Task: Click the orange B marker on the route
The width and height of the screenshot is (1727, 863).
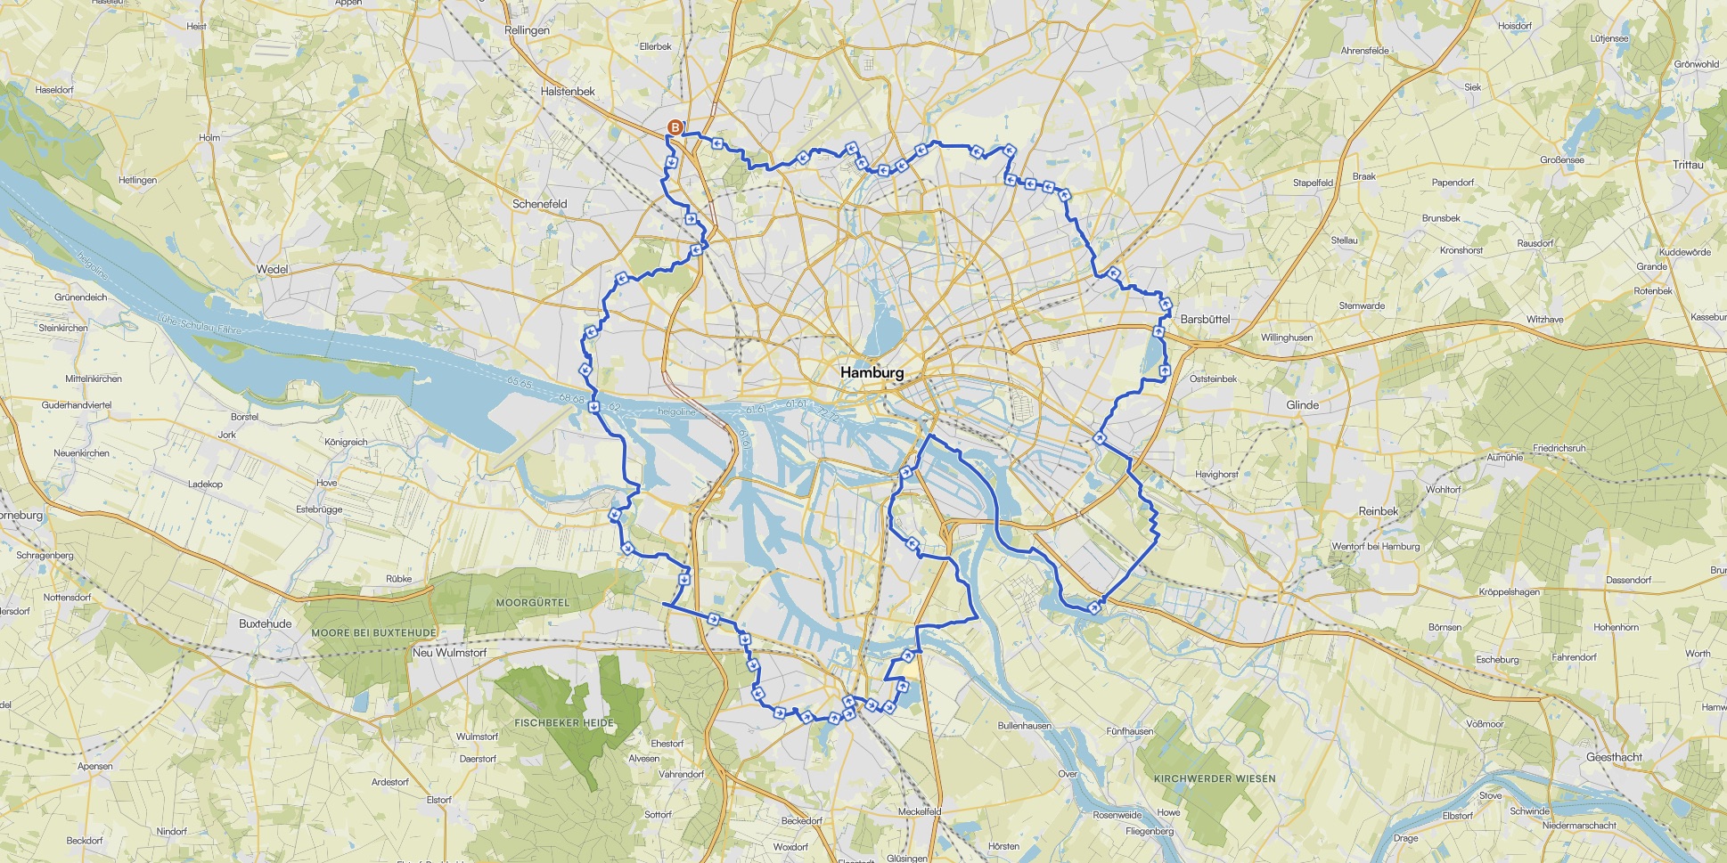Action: coord(675,127)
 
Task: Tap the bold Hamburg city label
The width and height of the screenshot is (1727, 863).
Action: coord(872,372)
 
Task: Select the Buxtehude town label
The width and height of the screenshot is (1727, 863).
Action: coord(265,623)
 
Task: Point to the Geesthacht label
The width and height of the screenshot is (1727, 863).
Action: coord(1614,757)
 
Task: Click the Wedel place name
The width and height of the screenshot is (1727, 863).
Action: coord(272,269)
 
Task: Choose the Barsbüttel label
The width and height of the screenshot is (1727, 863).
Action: coord(1205,319)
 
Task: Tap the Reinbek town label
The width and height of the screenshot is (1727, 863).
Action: coord(1378,511)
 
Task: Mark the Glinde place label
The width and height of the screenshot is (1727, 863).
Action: coord(1302,404)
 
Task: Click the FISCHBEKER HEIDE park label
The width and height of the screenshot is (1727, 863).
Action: coord(564,723)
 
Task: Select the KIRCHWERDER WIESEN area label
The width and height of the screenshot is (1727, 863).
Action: coord(1215,778)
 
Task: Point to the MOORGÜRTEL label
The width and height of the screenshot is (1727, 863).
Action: coord(532,603)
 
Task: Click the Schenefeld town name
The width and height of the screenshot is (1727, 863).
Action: coord(539,204)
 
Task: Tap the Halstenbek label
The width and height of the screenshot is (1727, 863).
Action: coord(568,91)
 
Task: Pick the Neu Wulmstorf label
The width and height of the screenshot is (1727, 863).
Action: coord(449,652)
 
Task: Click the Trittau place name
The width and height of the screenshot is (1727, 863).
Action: coord(1688,165)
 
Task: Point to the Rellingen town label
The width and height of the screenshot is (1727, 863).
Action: coord(527,30)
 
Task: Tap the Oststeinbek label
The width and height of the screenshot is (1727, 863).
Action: coord(1213,379)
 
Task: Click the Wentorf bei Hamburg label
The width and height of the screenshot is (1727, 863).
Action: coord(1375,547)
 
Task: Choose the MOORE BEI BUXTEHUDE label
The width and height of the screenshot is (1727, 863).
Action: coord(373,633)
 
